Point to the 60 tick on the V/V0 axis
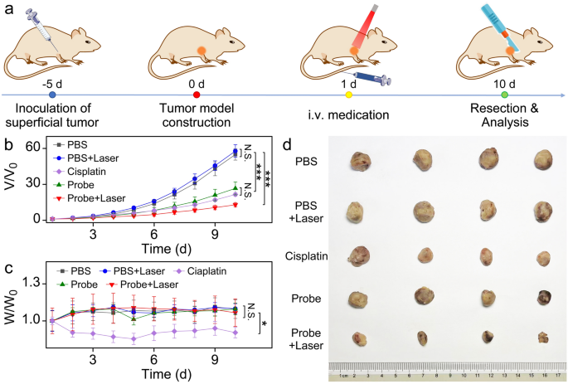(x=33, y=148)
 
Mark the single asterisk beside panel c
(x=264, y=322)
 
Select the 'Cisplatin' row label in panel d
(x=307, y=255)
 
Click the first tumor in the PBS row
(x=361, y=161)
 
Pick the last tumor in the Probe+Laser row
(x=542, y=338)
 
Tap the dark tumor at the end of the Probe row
(x=543, y=299)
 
